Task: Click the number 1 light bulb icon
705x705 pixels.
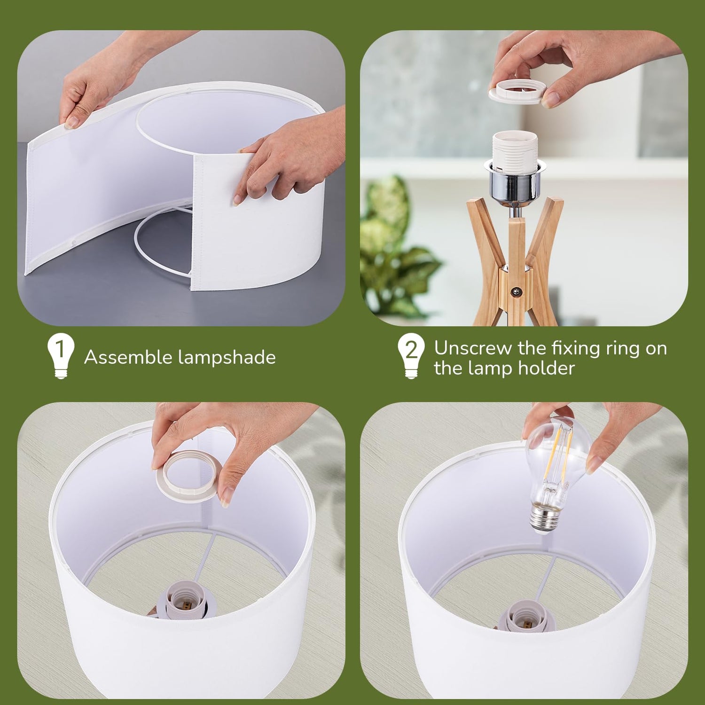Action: (61, 356)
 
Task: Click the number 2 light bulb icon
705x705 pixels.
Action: (411, 356)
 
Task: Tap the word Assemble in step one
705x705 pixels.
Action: (128, 358)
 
